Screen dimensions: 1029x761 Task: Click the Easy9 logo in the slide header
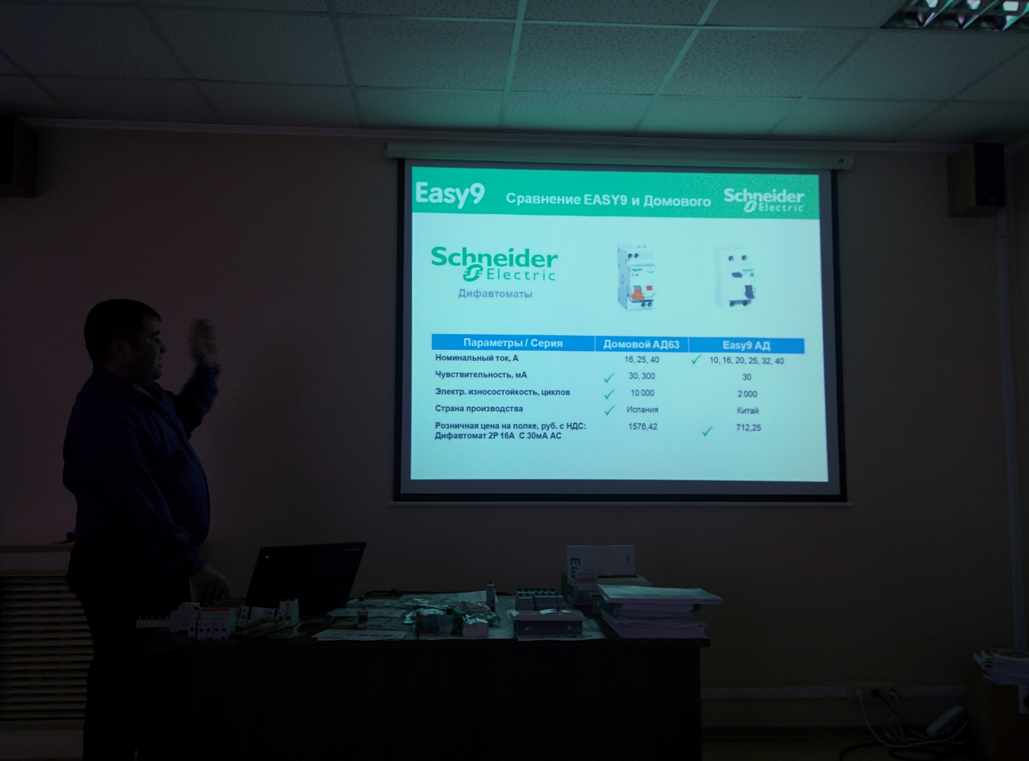pos(450,194)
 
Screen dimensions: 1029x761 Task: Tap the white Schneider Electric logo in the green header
pos(764,200)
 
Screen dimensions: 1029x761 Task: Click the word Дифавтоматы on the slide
pos(495,293)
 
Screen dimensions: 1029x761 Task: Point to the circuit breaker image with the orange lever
pos(635,278)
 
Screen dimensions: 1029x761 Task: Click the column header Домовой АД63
pos(641,344)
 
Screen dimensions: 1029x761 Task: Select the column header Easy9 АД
pos(746,345)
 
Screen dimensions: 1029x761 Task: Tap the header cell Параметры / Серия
pos(513,343)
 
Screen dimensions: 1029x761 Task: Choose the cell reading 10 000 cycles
pos(642,393)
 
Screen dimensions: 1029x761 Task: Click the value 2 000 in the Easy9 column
pos(747,394)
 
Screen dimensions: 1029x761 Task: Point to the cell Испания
pos(642,409)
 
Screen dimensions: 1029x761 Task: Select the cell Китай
pos(747,410)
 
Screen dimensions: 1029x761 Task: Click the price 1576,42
pos(642,426)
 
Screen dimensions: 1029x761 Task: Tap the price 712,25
pos(748,427)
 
